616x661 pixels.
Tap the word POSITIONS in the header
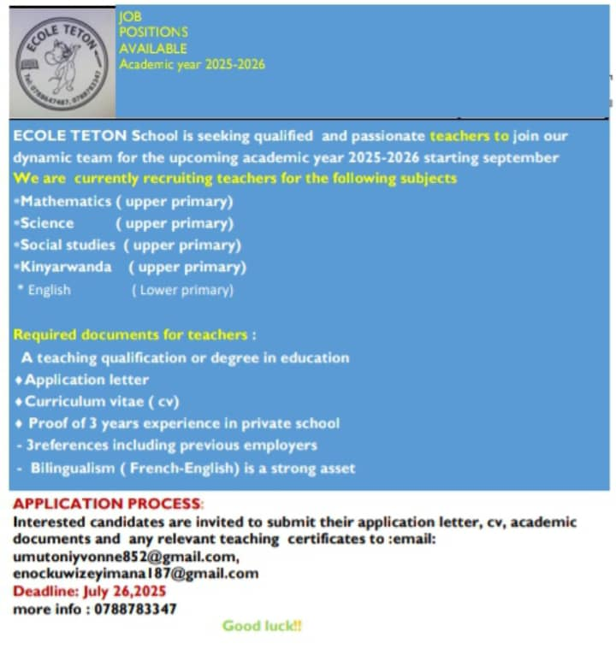(153, 32)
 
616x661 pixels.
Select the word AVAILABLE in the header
(152, 49)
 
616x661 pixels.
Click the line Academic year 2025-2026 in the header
(192, 64)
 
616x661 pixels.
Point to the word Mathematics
(66, 202)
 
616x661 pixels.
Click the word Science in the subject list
(47, 223)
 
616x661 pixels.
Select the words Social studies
(68, 245)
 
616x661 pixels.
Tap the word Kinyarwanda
(66, 267)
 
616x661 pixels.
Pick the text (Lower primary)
(181, 290)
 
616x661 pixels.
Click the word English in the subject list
(49, 290)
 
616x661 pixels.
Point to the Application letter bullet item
(86, 380)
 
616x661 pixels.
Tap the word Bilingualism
(77, 468)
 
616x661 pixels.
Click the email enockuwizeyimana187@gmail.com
(135, 574)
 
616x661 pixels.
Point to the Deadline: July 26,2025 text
(90, 591)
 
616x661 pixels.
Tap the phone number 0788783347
(138, 609)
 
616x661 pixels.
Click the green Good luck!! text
(262, 626)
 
